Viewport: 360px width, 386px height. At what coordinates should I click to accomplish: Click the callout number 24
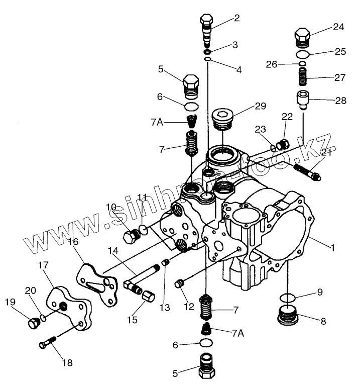click(x=339, y=27)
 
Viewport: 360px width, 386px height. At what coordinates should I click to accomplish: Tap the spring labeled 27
click(x=302, y=78)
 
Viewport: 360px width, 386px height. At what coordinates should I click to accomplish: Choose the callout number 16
click(x=73, y=242)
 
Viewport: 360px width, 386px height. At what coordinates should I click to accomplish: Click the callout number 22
click(x=286, y=117)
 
